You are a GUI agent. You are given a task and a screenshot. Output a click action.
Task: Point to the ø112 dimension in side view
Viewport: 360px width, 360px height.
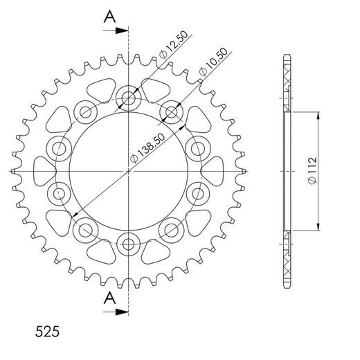[x=312, y=170]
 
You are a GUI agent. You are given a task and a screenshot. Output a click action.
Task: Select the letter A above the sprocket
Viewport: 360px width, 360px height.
[x=108, y=17]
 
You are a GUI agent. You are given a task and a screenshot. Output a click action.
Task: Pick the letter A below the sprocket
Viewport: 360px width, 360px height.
[x=108, y=298]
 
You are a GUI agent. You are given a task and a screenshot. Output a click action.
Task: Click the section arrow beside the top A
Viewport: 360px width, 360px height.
[x=123, y=30]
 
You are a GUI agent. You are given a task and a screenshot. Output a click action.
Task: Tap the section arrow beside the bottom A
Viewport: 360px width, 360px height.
[x=123, y=311]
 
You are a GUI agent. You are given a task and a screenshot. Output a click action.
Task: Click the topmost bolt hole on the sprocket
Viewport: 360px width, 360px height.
[x=129, y=98]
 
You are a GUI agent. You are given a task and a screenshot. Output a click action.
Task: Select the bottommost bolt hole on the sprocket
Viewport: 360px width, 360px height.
[x=129, y=242]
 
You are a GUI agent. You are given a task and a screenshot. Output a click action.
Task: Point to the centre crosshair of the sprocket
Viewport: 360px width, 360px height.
[x=129, y=170]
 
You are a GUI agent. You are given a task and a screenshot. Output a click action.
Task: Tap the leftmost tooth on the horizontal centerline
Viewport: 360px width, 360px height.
[x=15, y=170]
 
